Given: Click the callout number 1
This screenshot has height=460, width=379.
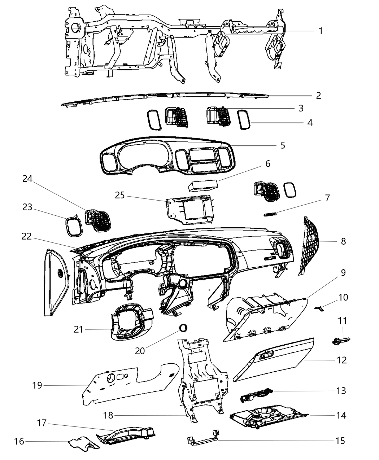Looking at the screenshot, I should (320, 31).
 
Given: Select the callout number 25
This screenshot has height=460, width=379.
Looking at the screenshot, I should (120, 195).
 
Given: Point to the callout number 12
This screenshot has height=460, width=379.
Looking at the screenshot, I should (341, 360).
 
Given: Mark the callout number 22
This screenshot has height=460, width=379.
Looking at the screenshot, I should (27, 237).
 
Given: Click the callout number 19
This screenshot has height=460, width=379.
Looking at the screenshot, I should (37, 385).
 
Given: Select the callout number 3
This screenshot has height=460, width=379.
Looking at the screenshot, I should (300, 108).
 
